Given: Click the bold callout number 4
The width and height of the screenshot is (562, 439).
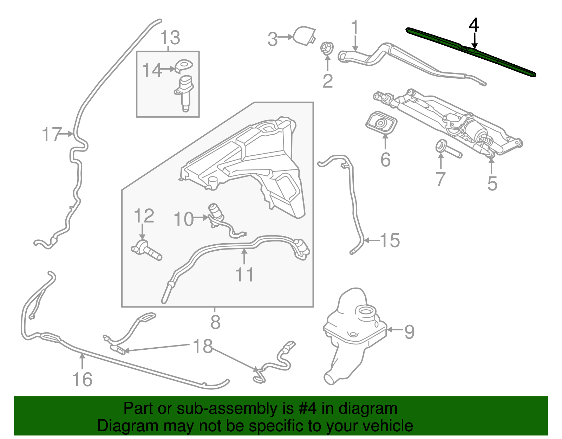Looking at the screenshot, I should point(474,25).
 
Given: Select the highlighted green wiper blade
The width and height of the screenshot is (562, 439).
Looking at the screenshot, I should point(471,51).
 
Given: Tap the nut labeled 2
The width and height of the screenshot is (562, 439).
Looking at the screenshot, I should point(326,49).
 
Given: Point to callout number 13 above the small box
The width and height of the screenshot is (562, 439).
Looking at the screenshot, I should point(170,38).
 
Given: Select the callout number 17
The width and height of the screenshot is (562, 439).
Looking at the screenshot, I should point(52,134).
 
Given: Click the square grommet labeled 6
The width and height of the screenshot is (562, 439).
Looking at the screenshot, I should point(381,123).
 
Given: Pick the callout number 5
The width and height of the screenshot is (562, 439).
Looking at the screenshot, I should point(492,183).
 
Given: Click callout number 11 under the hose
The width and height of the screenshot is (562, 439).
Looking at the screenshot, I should point(244,275).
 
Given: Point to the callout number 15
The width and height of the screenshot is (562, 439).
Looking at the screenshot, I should point(390,240).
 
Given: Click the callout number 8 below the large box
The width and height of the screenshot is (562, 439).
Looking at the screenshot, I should point(215,322).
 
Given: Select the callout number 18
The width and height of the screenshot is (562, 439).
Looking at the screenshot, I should point(203,346).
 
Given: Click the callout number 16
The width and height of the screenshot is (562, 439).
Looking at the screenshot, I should point(83,379).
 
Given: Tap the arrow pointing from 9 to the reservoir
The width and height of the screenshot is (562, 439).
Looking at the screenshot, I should point(394,330).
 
